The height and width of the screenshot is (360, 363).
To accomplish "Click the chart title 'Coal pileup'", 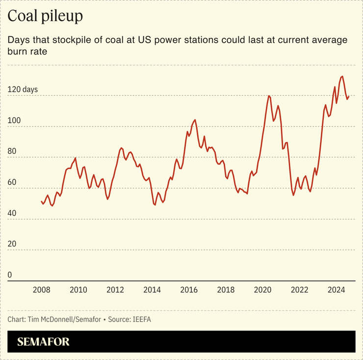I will click(45, 16).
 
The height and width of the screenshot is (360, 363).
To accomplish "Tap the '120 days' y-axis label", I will click(23, 90).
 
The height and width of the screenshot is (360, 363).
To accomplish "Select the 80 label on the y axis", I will click(12, 152).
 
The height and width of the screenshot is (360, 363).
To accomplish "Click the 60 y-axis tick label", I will click(12, 183).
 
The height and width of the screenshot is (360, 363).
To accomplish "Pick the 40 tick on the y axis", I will click(12, 214).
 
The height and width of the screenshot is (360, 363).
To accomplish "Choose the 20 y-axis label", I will click(12, 244).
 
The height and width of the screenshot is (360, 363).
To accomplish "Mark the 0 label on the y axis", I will click(10, 275).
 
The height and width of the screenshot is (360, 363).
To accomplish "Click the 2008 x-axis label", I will click(42, 289).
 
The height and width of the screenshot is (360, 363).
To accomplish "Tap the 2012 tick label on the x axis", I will click(115, 289).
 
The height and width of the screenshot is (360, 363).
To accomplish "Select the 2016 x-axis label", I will click(189, 289).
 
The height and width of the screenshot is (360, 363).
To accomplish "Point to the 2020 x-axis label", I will click(262, 289).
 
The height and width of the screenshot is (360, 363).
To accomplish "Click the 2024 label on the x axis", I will click(336, 289).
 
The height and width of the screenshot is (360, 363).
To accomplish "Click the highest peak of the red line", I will click(342, 76).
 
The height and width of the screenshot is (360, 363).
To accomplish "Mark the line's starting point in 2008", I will click(41, 201).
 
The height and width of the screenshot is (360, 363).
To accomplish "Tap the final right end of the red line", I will click(349, 96).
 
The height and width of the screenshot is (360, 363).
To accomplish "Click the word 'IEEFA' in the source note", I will click(141, 320).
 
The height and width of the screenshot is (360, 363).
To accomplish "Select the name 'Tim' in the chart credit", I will click(35, 320).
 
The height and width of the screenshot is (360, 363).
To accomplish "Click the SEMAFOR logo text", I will click(44, 342).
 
